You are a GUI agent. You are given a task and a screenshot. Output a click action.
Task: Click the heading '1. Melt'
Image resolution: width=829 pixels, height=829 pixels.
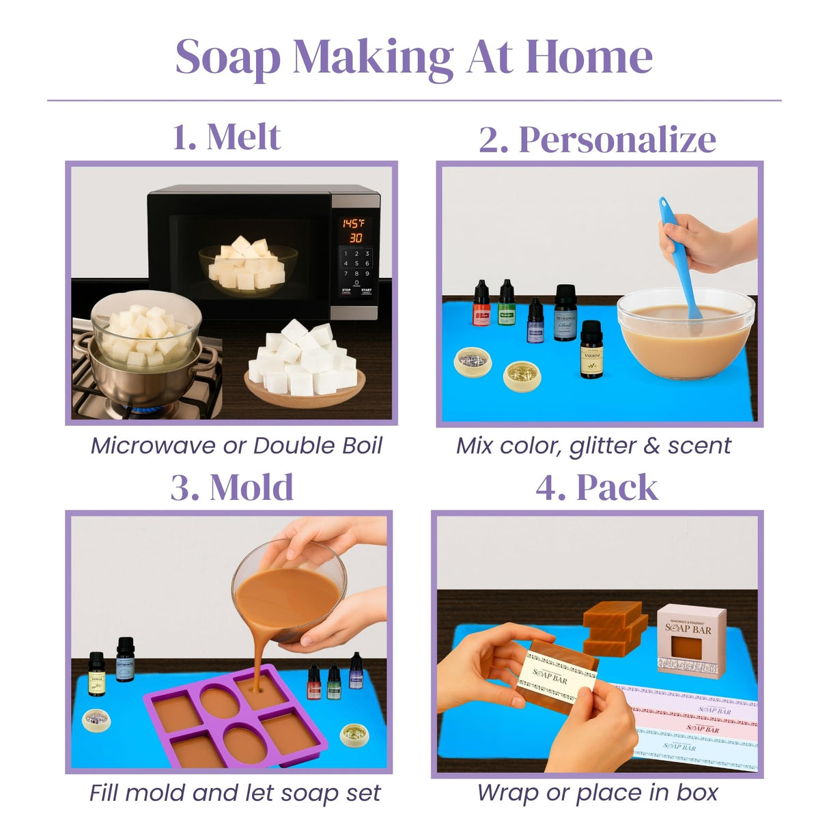coord(226,137)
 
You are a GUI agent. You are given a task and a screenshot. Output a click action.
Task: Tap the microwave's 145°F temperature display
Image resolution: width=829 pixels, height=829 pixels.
coord(353,223)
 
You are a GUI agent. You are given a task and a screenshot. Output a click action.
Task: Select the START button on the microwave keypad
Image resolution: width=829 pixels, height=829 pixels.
coord(367,291)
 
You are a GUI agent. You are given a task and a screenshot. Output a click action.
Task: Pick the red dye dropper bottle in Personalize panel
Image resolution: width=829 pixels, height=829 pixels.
coord(481,305)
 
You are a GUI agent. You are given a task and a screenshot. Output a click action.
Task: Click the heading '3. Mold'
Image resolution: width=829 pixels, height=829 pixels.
coord(231,488)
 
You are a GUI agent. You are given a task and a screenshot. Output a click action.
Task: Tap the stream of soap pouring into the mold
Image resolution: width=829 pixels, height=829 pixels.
coord(259,656)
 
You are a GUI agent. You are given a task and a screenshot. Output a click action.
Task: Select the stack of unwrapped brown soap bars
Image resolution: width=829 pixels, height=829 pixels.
coord(615,628)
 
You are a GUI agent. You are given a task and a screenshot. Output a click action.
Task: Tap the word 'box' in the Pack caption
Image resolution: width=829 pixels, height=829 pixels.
coord(697,793)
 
